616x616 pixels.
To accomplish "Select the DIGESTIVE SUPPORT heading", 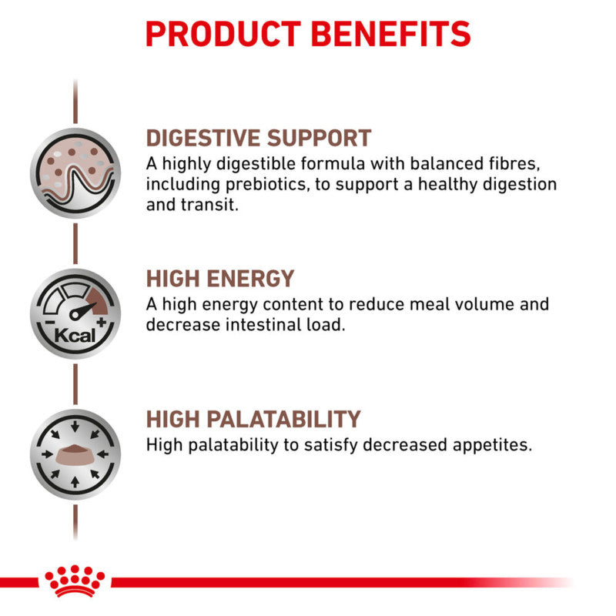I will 259,139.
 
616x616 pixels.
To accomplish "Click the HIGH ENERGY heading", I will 220,279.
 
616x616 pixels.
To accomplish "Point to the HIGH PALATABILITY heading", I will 253,419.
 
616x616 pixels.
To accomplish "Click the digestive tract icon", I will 75,174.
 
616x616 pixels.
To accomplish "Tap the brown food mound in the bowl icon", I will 75,450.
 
